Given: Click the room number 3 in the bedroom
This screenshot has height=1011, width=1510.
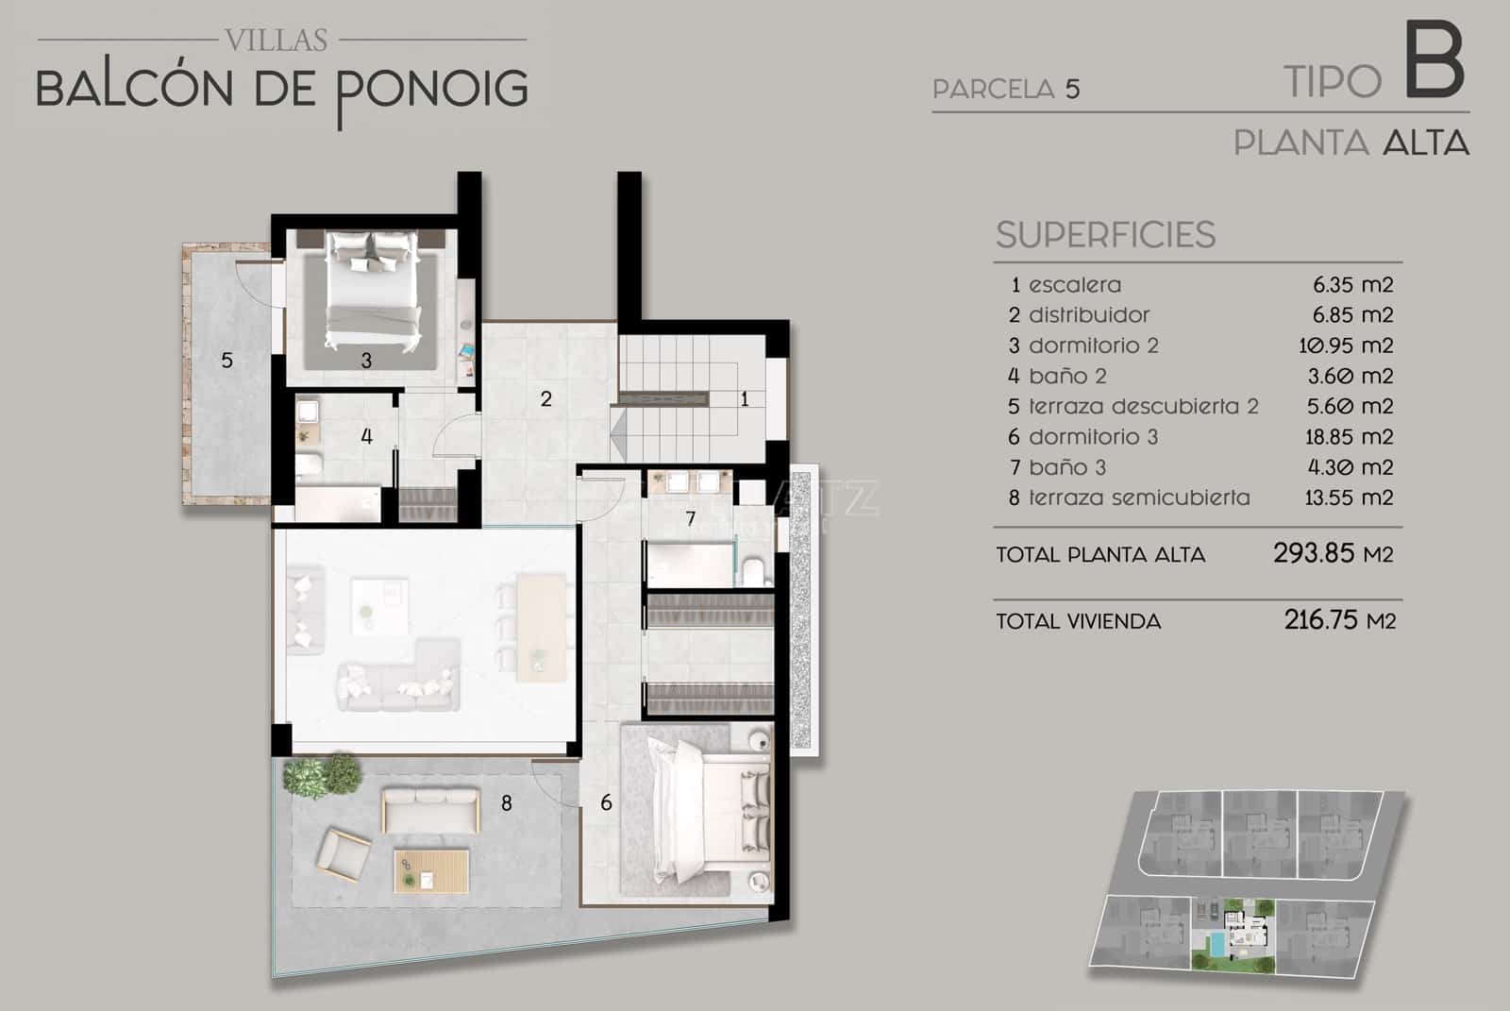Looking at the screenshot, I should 366,360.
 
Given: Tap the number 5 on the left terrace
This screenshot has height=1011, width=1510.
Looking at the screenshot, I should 226,360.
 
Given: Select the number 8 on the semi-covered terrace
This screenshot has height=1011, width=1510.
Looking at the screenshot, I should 507,803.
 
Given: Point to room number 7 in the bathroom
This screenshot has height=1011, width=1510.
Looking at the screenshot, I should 691,517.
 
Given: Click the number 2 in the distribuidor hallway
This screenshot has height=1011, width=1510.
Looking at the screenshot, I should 545,398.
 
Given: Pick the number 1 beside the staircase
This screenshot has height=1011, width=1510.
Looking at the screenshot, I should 745,399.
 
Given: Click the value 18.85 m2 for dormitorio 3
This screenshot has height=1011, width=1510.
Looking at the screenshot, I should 1349,437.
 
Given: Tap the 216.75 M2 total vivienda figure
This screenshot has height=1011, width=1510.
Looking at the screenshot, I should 1339,620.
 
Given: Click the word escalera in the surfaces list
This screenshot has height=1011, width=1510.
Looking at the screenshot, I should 1075,285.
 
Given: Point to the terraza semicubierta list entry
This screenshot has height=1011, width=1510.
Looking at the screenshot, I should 1139,497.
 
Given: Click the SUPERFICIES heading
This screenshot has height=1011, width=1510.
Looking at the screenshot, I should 1105,235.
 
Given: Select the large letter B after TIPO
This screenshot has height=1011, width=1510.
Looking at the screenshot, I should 1434,64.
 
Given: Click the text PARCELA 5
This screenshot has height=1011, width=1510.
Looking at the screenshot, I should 1006,90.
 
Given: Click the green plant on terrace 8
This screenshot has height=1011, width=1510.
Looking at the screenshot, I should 323,774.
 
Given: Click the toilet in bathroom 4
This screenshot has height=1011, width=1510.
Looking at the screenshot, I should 308,464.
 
